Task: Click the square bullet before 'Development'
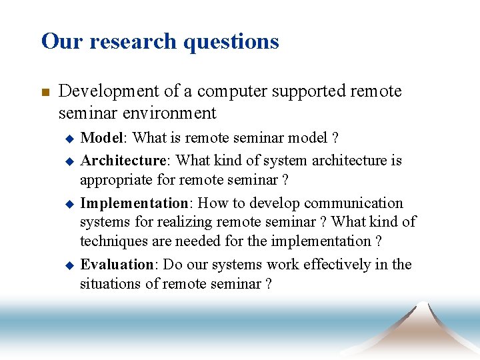click(45, 92)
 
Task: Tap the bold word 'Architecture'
click(123, 161)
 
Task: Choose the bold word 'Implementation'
click(134, 203)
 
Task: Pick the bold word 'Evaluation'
click(117, 265)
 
